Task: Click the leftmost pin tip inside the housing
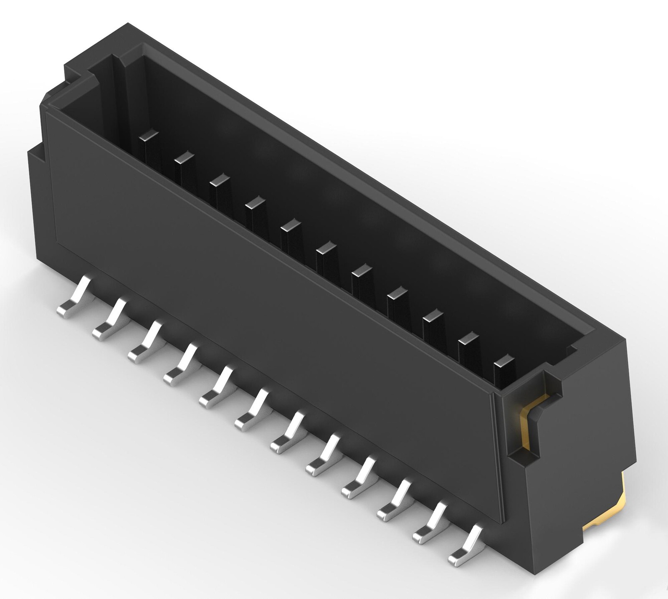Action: click(x=149, y=136)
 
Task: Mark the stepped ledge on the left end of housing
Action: click(x=38, y=152)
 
